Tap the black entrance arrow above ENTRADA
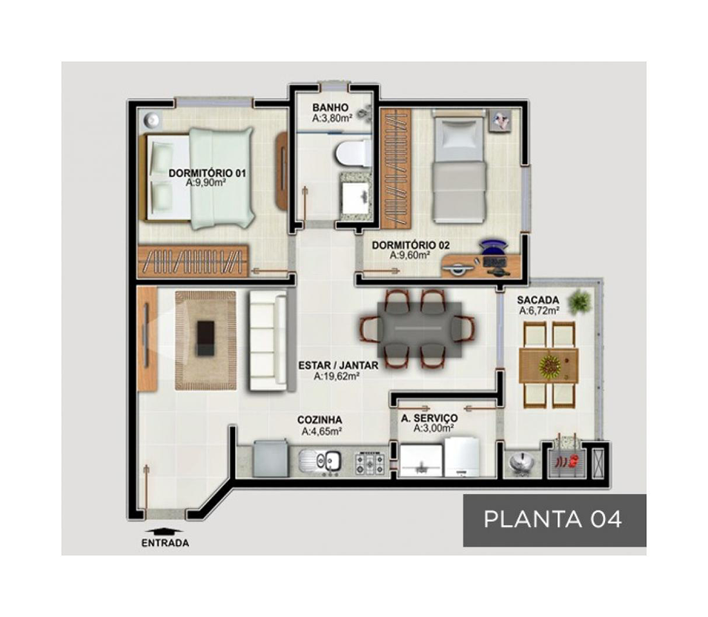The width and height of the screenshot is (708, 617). pos(163,531)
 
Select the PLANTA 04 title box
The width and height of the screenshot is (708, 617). pos(554,520)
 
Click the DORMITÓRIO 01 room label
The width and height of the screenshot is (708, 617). pos(207,173)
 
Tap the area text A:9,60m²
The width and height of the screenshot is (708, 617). pos(409,255)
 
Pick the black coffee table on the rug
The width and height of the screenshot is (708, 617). pos(205,338)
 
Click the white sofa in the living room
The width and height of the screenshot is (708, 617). pos(268,340)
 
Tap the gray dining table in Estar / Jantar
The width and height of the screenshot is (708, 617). pos(420,328)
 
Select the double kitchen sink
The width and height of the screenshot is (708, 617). pos(320,462)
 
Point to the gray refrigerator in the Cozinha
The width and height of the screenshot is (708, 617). pos(270,458)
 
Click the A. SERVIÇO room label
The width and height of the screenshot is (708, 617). pos(429,419)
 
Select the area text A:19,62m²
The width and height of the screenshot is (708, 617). pos(337,375)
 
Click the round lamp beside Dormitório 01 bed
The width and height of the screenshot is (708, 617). pos(152,119)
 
